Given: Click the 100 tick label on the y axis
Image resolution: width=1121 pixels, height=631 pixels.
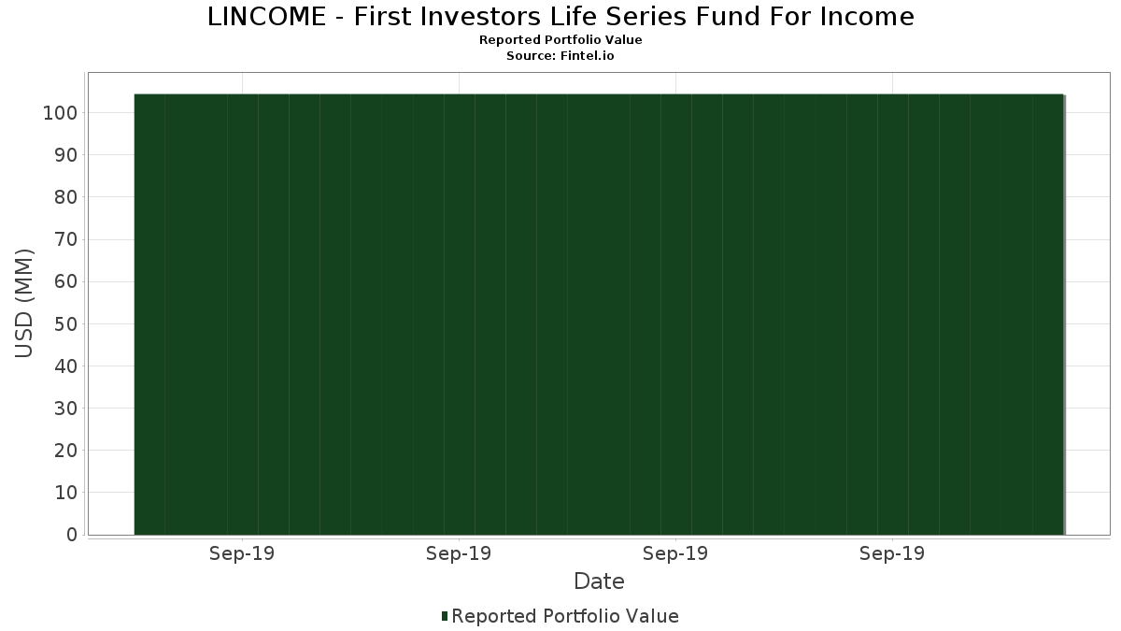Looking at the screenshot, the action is pos(61,113).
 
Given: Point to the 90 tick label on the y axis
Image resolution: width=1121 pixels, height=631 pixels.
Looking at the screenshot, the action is pos(66,155).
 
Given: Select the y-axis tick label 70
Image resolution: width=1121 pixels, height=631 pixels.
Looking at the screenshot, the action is pos(66,239).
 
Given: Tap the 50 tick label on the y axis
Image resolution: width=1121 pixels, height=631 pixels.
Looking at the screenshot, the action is pos(66,324).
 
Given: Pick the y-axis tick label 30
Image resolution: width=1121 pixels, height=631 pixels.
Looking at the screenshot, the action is pos(66,409).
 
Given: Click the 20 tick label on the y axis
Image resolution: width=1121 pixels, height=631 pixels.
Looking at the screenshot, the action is pos(66,451).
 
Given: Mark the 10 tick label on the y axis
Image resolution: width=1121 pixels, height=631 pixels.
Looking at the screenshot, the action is pos(66,493).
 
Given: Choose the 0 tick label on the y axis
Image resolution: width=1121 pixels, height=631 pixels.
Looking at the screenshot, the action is pos(72,535).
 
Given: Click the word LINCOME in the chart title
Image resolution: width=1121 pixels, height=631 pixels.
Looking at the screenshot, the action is pos(266,17).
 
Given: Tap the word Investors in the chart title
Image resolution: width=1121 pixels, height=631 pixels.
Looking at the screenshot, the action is pos(480,17).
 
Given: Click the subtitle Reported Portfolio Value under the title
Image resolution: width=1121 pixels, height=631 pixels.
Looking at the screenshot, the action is pos(560,40).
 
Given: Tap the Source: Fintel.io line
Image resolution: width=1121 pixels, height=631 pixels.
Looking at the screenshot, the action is pos(560,55).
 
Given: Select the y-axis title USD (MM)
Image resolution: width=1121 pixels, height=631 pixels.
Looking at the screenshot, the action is pos(24,304).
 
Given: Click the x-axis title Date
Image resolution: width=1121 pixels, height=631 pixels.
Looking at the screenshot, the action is pos(599,581).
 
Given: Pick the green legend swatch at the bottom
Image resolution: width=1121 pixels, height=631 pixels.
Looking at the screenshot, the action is pos(445,616).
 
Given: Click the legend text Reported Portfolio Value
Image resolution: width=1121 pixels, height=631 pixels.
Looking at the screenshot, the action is pos(565,616).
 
